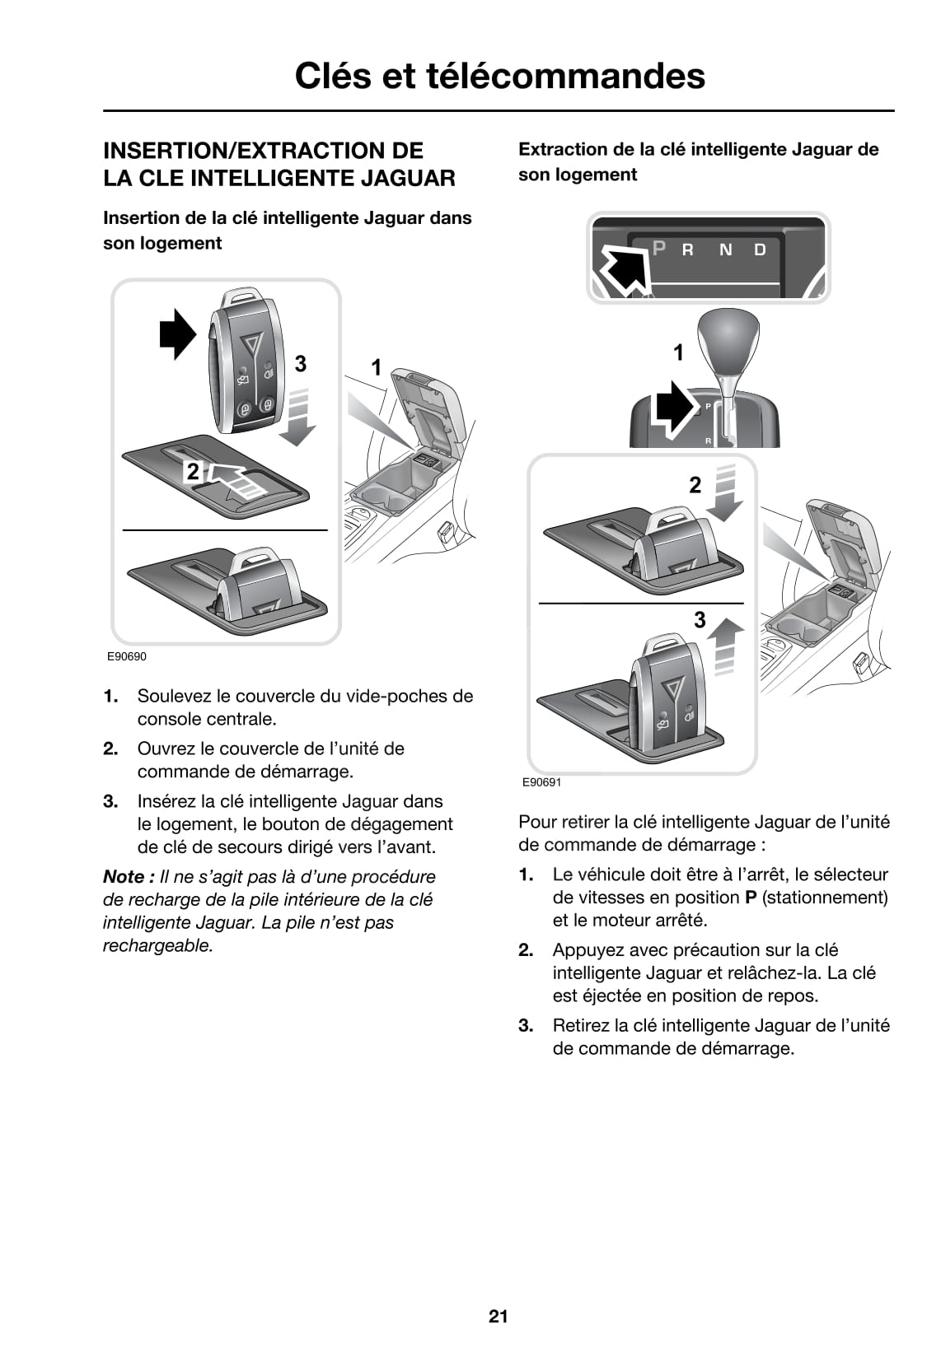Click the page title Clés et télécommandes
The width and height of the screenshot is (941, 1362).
pos(499,76)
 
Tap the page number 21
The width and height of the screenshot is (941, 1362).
pos(498,1316)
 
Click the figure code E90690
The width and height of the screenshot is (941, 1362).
pos(126,656)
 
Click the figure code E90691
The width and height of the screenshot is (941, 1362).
pos(541,781)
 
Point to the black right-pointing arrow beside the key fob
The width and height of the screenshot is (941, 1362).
pos(176,334)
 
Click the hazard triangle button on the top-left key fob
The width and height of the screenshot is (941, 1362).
pos(253,341)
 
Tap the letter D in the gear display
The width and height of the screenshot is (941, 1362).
pos(760,250)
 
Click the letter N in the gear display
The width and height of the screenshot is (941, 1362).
pos(725,250)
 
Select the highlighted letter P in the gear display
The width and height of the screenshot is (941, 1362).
pos(658,247)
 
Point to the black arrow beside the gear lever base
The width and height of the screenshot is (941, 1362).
pos(674,406)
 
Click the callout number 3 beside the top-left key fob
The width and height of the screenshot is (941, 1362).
pos(301,363)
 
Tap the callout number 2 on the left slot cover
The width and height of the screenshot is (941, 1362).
pos(193,471)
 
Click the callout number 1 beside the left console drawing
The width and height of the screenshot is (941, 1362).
pos(377,367)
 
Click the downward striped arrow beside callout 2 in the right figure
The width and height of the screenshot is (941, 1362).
pos(725,492)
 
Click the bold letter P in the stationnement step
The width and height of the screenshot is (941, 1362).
pos(751,897)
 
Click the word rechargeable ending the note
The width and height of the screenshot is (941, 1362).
pos(157,945)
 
